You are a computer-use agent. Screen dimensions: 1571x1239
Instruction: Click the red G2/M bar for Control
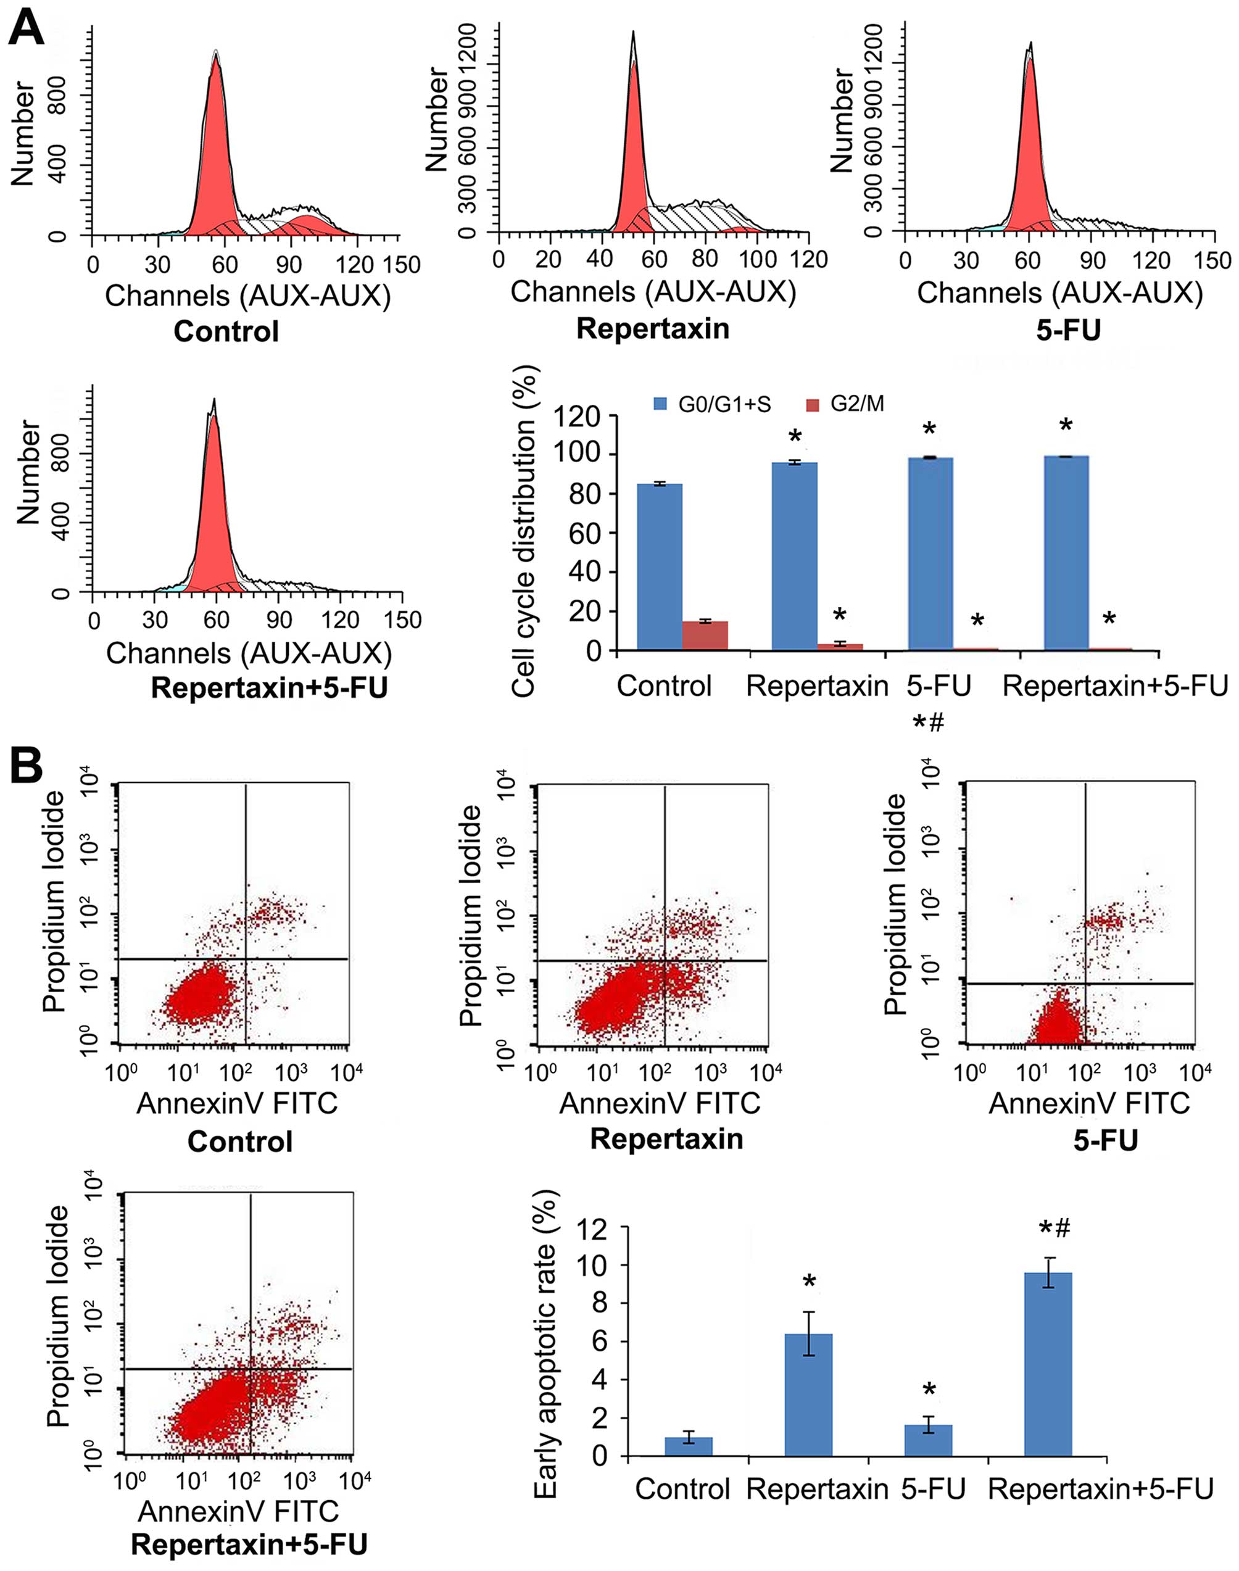[x=705, y=636]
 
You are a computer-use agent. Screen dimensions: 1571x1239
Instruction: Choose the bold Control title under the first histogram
[x=226, y=332]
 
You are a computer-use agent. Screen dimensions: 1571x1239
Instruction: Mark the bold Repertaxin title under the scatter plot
[x=666, y=1140]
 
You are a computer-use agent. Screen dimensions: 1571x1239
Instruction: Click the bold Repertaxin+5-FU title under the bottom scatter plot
[x=249, y=1544]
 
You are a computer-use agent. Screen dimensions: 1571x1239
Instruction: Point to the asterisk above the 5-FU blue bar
[x=929, y=428]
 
